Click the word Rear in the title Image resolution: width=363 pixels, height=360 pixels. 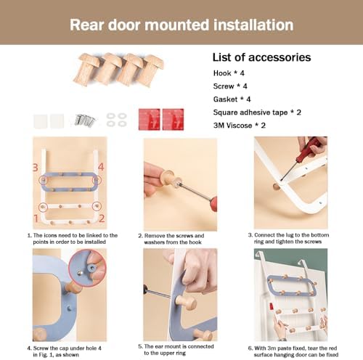(87, 25)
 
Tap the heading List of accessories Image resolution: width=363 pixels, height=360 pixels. (261, 57)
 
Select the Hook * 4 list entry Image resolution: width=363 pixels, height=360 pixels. (229, 73)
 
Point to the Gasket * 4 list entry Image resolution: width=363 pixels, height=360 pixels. (232, 99)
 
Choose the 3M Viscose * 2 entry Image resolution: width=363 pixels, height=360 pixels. (240, 126)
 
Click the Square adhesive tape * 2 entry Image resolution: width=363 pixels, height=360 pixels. (257, 112)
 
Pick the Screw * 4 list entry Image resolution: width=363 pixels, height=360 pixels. (230, 86)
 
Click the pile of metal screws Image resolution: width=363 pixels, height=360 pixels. (85, 120)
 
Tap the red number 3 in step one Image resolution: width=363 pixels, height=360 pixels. (36, 168)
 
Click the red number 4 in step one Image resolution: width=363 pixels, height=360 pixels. (101, 167)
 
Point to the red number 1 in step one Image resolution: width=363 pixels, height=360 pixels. (36, 218)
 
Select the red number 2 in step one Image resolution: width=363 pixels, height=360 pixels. (102, 218)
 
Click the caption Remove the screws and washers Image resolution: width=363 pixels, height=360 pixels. (171, 239)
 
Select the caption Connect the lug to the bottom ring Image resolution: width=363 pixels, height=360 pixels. (288, 238)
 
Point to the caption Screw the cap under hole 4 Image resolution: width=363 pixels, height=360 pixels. (65, 351)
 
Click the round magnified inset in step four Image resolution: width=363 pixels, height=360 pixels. (87, 268)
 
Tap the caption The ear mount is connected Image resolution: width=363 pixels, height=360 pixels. (176, 350)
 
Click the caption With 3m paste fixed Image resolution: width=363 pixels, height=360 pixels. (293, 351)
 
